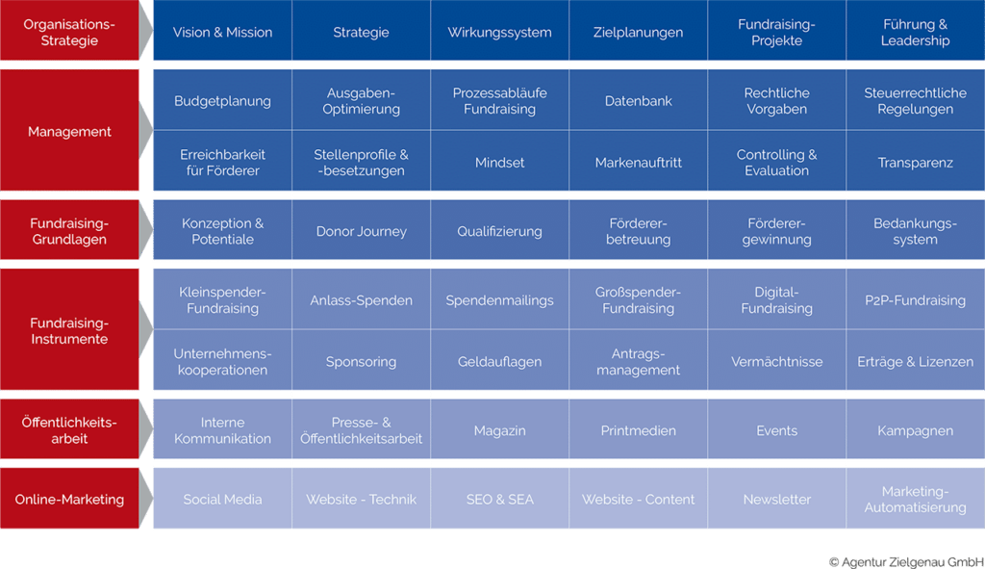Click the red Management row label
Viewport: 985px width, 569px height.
click(x=69, y=130)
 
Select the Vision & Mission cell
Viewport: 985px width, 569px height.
click(x=222, y=31)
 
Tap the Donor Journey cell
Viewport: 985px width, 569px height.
click(x=362, y=230)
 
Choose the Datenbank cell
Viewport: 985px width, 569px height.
click(x=639, y=100)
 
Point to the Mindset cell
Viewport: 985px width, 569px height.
click(x=499, y=161)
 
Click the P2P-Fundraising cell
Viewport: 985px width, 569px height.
click(x=916, y=299)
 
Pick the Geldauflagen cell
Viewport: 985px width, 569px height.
click(x=499, y=360)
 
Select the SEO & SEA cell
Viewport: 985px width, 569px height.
click(x=499, y=498)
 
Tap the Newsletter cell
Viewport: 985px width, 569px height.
click(x=776, y=498)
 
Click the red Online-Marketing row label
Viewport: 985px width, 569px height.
click(x=69, y=498)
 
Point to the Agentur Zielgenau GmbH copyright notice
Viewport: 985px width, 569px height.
click(x=906, y=561)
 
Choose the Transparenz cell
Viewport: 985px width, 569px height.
click(x=916, y=161)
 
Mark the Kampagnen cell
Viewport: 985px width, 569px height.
click(x=916, y=429)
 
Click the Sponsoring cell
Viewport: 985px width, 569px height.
click(x=362, y=360)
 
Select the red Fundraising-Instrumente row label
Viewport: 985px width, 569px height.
click(x=69, y=329)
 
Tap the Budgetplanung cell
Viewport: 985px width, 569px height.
click(x=222, y=100)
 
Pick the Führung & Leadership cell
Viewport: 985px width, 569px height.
click(x=916, y=31)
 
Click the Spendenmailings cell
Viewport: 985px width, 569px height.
click(x=499, y=299)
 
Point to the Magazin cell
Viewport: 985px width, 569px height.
click(x=499, y=429)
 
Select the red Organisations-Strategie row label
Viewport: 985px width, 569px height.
click(x=69, y=31)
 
